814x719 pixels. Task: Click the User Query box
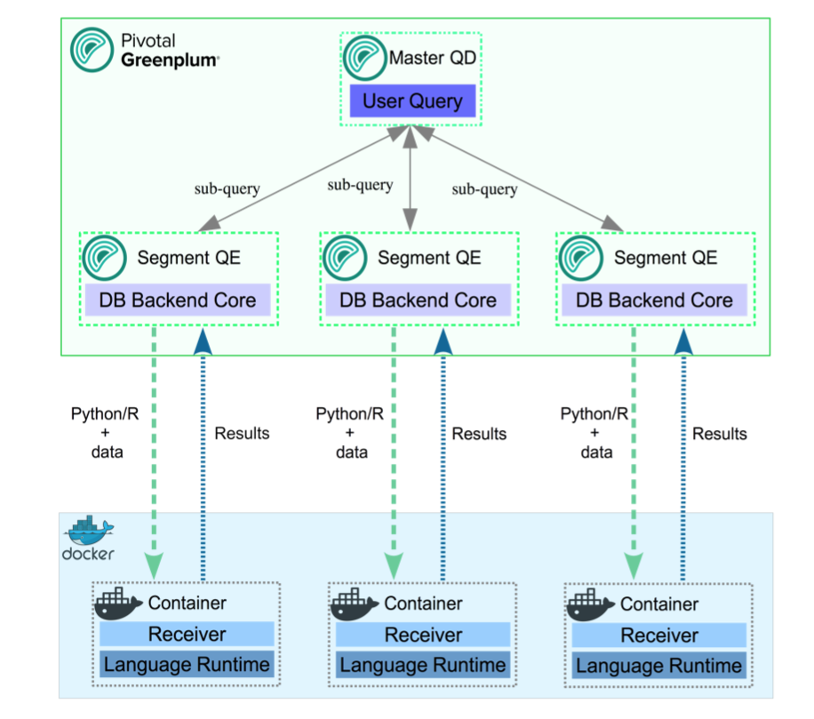tap(412, 100)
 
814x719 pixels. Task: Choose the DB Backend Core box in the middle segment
tap(418, 300)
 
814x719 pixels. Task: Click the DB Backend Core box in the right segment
tap(654, 300)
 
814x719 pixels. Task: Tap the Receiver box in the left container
tap(187, 635)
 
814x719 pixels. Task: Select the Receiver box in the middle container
tap(423, 635)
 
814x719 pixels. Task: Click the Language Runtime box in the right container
tap(659, 666)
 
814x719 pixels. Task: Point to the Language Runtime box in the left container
tap(187, 665)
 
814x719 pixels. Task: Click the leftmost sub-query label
tap(227, 188)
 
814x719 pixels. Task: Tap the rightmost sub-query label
tap(484, 189)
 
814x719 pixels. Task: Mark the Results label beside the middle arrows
tap(479, 434)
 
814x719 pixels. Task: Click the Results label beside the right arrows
tap(720, 434)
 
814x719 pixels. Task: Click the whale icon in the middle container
tap(354, 606)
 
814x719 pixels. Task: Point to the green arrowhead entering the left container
tap(155, 563)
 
